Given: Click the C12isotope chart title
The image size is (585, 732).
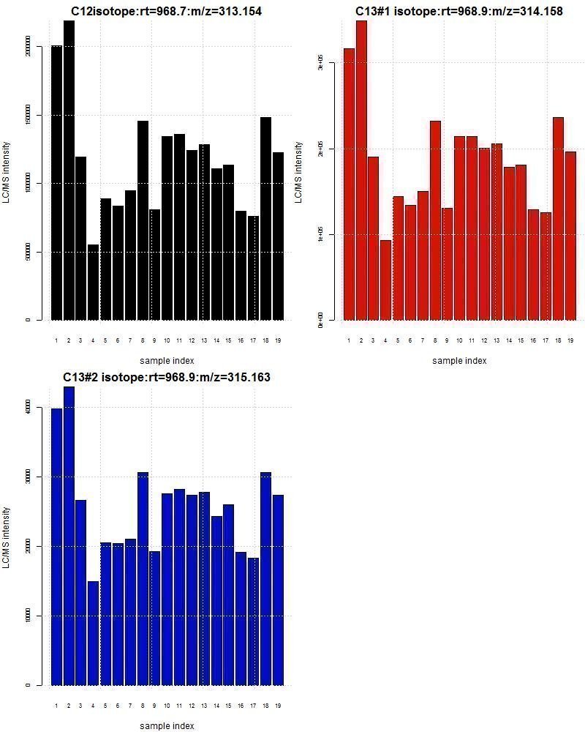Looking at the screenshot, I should point(167,11).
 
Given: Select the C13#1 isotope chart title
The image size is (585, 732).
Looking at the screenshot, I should point(459,11).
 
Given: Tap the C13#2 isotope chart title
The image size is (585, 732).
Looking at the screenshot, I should point(167,377).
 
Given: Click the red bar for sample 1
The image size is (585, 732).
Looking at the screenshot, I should point(349,184).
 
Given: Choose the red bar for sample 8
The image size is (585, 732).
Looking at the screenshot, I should point(435,220).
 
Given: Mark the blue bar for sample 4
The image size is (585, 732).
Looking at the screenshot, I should point(93,633).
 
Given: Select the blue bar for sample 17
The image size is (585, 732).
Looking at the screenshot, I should point(253,621).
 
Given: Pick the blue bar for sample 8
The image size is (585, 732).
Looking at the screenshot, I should point(143,578).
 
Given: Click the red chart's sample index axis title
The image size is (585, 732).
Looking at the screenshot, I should point(459,360).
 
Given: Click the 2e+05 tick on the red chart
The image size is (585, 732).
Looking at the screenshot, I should point(320,149).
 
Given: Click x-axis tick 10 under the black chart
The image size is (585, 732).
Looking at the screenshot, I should point(167,340).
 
